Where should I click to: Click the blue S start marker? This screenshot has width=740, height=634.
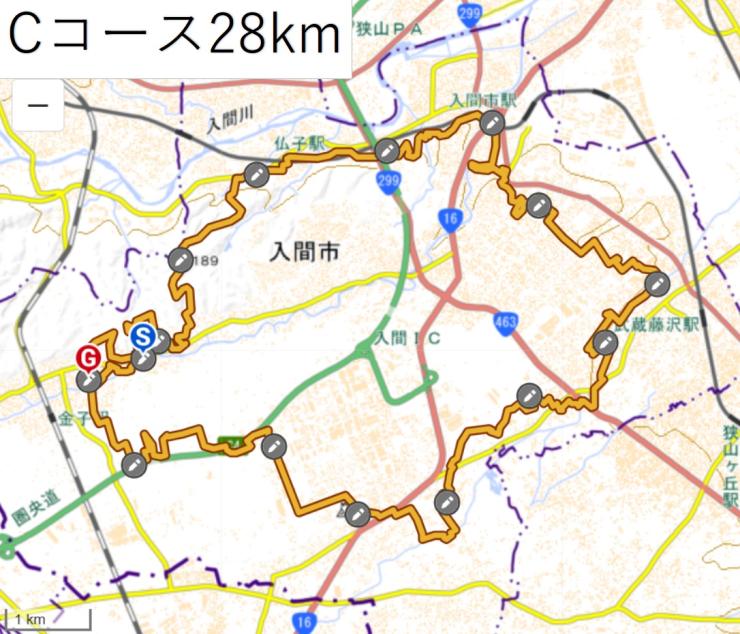pos(143,336)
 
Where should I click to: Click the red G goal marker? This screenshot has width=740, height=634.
pos(88,357)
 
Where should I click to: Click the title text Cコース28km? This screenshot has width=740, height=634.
pos(175,38)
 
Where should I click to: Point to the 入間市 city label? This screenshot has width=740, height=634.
pos(304,253)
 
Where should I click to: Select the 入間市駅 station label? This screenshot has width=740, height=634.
pos(482,102)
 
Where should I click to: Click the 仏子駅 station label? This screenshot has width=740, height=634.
pos(304,144)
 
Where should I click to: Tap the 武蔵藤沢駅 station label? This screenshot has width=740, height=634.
pos(660,323)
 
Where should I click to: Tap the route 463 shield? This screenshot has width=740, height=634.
pos(504,319)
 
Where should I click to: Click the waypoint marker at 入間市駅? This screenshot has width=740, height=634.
pos(491,122)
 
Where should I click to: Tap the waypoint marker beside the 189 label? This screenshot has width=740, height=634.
pos(180,259)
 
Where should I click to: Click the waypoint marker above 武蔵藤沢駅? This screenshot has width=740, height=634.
pos(656,283)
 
